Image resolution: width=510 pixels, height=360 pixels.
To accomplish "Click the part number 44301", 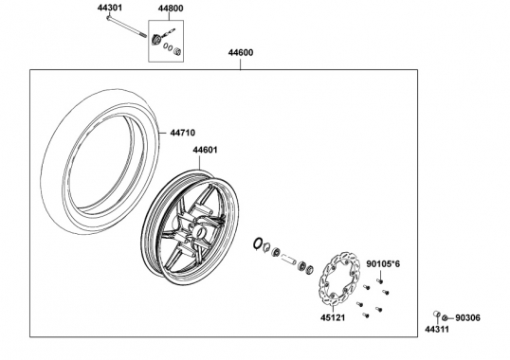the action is pos(110,8).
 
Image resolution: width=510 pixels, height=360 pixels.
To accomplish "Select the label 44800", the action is pos(171,9).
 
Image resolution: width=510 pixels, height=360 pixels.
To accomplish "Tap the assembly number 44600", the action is pos(241,53).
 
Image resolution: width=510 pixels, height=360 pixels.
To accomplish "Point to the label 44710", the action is pos(183,133).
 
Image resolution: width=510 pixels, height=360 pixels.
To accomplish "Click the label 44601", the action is pos(205,150).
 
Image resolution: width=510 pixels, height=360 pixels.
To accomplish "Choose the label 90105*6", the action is pos(383,264).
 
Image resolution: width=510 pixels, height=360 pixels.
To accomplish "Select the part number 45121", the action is pos(333,317).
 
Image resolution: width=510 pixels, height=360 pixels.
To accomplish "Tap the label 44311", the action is pos(437,329).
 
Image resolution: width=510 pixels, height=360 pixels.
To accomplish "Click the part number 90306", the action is pos(467,317).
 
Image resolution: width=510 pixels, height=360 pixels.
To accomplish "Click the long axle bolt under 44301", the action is pos(126,27).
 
